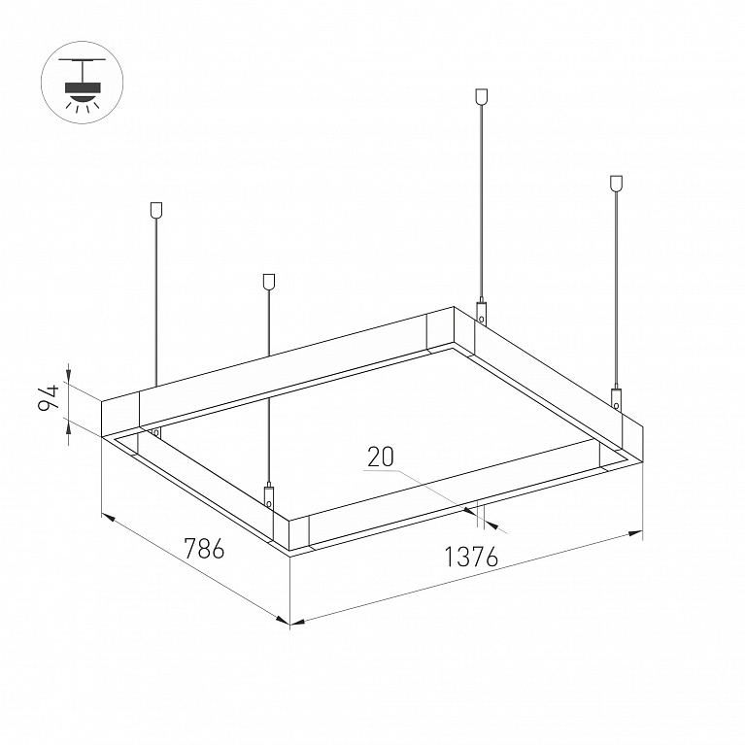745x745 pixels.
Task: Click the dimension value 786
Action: (x=204, y=548)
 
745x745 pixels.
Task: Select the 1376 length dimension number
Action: (x=471, y=557)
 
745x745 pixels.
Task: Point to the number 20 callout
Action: (x=381, y=457)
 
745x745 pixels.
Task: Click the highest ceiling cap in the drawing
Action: (x=482, y=96)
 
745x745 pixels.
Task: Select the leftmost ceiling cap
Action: (x=155, y=210)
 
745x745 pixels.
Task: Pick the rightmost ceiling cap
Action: (x=616, y=184)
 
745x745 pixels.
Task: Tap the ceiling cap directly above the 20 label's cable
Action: (x=269, y=282)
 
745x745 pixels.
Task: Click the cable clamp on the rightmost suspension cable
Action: (x=616, y=398)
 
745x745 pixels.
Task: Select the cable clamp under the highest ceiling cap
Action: (x=482, y=312)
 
